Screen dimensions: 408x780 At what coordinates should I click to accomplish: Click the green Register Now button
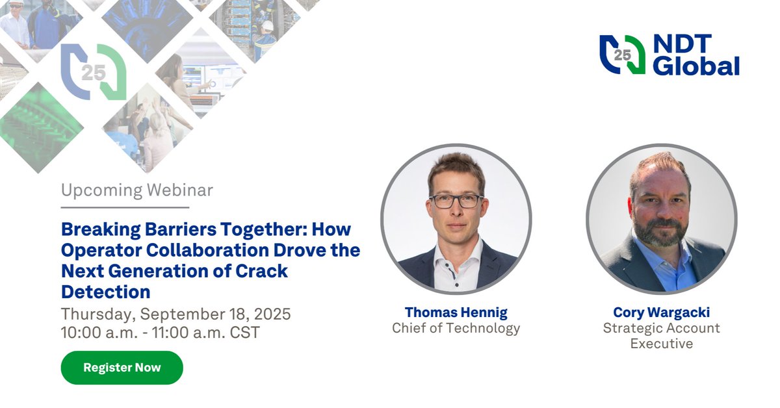tap(122, 368)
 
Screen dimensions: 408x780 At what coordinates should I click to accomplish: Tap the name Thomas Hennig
tap(456, 312)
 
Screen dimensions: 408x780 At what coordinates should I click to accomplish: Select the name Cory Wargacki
tap(661, 312)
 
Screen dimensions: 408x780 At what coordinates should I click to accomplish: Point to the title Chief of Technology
tap(456, 328)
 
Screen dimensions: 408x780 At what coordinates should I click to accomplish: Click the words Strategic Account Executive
tap(661, 335)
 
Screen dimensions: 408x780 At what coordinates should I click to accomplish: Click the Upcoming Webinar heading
tap(137, 190)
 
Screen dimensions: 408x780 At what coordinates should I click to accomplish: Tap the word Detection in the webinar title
tap(105, 291)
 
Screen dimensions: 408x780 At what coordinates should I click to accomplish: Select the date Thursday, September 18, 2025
tap(175, 314)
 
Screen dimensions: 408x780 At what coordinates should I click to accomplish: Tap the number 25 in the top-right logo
tap(622, 55)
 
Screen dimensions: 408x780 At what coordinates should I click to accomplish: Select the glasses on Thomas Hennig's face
tap(456, 201)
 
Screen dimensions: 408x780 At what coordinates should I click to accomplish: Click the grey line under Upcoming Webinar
tap(125, 207)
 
